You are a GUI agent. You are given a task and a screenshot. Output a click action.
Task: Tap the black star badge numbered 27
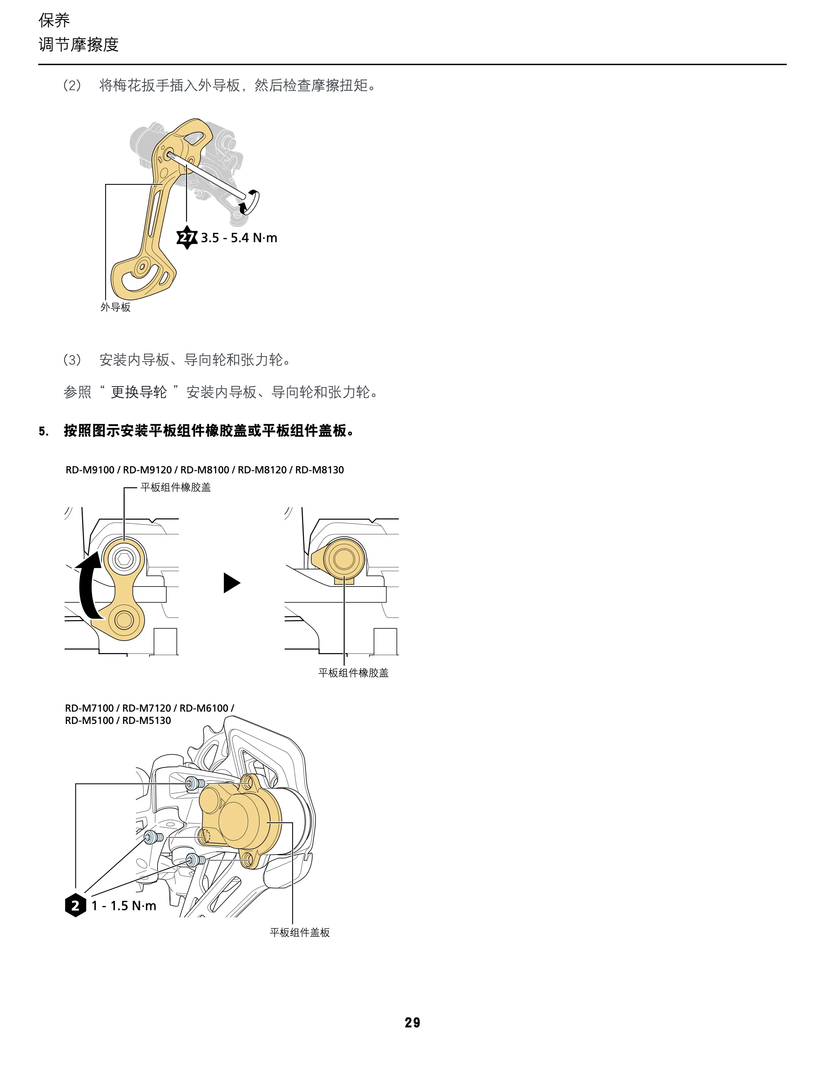tap(187, 237)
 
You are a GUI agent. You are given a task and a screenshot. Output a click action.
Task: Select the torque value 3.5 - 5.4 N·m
tap(239, 238)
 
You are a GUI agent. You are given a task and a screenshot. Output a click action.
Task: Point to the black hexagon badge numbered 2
tap(75, 905)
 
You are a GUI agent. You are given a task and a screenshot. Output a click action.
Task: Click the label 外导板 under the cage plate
tap(116, 307)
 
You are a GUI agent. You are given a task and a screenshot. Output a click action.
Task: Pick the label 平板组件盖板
tap(300, 932)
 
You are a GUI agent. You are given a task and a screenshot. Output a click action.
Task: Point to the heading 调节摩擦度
tap(79, 45)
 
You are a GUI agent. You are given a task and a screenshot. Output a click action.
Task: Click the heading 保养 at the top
tap(54, 20)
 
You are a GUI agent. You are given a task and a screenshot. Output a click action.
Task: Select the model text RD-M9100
tap(90, 470)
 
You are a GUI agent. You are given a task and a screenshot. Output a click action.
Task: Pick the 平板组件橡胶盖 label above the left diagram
tap(175, 487)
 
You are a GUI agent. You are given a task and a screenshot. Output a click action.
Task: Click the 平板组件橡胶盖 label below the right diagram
tap(353, 673)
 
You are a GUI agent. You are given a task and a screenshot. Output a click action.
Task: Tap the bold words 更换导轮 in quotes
tap(139, 392)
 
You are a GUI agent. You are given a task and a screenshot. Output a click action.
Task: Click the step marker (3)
tap(72, 360)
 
